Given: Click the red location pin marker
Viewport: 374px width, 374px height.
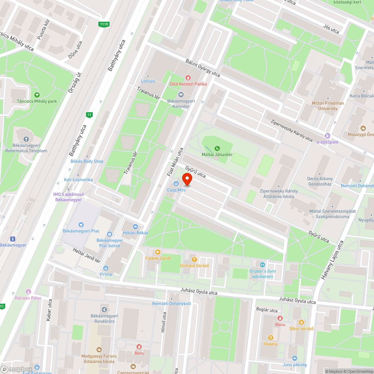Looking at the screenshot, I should pyautogui.click(x=187, y=180).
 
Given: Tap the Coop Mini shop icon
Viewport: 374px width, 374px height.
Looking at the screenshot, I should pyautogui.click(x=176, y=183).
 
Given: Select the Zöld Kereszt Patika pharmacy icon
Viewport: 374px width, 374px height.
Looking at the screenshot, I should pyautogui.click(x=188, y=77).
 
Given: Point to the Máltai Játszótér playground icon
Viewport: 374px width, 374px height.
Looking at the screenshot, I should pyautogui.click(x=217, y=148).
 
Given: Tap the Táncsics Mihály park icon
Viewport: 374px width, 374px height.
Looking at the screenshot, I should pyautogui.click(x=37, y=95).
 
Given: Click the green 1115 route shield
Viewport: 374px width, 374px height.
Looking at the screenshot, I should pyautogui.click(x=104, y=25).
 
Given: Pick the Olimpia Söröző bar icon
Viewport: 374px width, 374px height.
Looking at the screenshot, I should pyautogui.click(x=194, y=259).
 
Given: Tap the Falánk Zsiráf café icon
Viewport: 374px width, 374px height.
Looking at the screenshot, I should pyautogui.click(x=158, y=252).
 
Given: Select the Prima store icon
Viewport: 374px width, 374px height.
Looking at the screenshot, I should pyautogui.click(x=106, y=268).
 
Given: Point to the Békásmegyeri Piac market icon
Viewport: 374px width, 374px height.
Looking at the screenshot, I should pyautogui.click(x=81, y=224).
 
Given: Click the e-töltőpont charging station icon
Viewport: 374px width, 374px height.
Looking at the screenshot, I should pyautogui.click(x=328, y=136).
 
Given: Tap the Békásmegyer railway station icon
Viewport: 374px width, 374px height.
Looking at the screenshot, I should pyautogui.click(x=13, y=239).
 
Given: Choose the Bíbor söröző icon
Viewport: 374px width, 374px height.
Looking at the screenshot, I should pyautogui.click(x=301, y=322).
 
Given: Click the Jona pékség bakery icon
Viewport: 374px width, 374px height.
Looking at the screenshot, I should pyautogui.click(x=295, y=358).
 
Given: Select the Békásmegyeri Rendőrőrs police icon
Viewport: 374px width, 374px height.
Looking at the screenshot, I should pyautogui.click(x=104, y=309).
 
